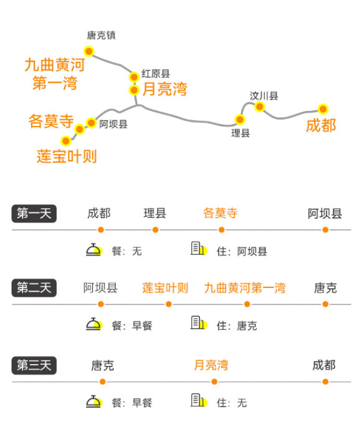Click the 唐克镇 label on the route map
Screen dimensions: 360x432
101,36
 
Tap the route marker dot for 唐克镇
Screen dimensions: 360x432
89,51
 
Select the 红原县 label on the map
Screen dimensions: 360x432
156,74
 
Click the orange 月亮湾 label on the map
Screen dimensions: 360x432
164,89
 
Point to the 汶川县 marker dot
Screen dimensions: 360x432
259,107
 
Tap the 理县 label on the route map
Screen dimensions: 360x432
240,133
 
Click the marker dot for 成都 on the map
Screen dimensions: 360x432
323,109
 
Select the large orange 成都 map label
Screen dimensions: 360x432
321,126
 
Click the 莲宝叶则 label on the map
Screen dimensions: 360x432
67,156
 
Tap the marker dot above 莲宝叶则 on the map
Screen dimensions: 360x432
66,141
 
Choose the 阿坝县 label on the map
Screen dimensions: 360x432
113,124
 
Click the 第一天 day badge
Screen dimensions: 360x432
34,214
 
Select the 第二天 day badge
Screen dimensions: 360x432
34,288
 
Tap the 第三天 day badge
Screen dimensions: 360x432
34,365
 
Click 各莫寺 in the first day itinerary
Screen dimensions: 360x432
220,213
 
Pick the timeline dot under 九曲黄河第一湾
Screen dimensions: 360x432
247,304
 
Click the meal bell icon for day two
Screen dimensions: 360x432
94,324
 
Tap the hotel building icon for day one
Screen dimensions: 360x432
199,249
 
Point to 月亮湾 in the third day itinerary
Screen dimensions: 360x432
211,365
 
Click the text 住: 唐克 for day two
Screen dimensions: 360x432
237,326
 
